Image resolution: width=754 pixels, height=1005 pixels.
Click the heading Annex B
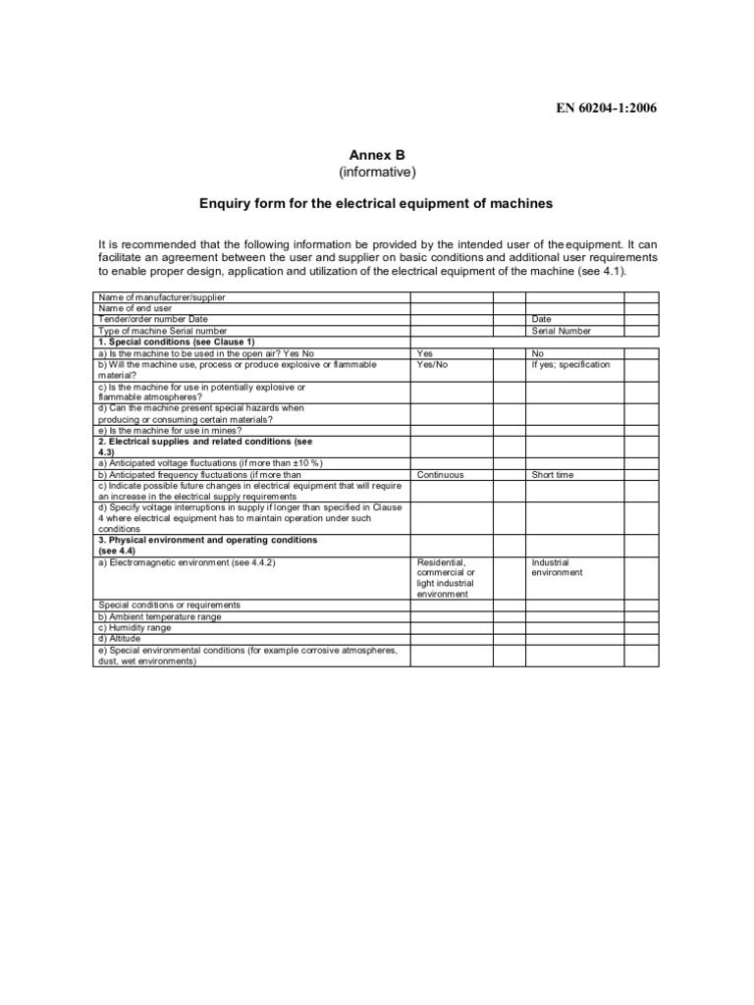377,155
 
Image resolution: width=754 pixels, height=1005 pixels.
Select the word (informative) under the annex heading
377,173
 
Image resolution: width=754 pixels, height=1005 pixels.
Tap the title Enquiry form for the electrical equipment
377,204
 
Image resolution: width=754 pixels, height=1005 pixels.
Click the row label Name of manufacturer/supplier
164,297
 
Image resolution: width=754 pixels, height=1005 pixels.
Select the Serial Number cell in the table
560,331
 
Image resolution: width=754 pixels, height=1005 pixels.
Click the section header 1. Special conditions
176,342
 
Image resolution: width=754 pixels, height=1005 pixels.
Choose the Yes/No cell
432,364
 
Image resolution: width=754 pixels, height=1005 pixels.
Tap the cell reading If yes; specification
570,364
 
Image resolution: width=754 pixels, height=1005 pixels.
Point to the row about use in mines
169,430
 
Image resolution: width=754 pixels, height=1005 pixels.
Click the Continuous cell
440,475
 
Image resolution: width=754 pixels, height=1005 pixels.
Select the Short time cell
553,475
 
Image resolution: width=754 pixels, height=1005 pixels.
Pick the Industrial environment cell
558,567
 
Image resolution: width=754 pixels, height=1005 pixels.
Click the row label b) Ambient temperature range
159,616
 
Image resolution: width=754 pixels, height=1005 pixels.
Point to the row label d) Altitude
123,638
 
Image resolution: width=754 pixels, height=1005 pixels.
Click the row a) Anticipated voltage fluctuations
210,463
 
